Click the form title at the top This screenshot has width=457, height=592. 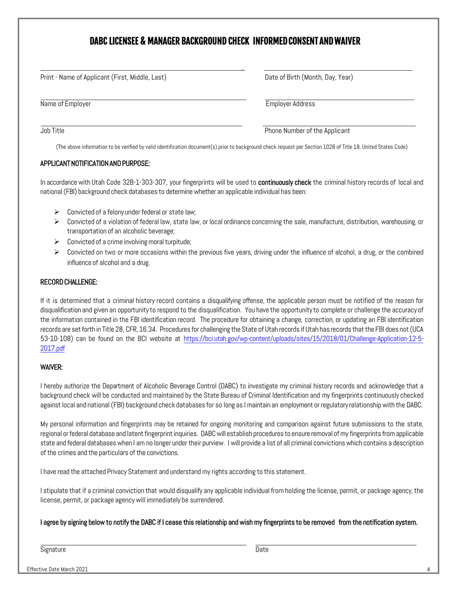[x=225, y=42]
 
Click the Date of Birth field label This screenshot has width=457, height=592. [x=308, y=77]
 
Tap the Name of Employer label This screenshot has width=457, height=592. [x=65, y=104]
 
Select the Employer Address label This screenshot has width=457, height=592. [x=290, y=104]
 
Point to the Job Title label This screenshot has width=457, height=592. [x=52, y=130]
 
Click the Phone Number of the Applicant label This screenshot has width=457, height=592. [x=307, y=130]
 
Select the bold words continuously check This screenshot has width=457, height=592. [x=285, y=182]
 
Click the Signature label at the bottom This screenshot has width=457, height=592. [x=53, y=549]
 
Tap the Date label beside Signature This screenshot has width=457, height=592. [x=262, y=549]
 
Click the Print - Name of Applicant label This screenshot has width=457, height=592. [x=103, y=77]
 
